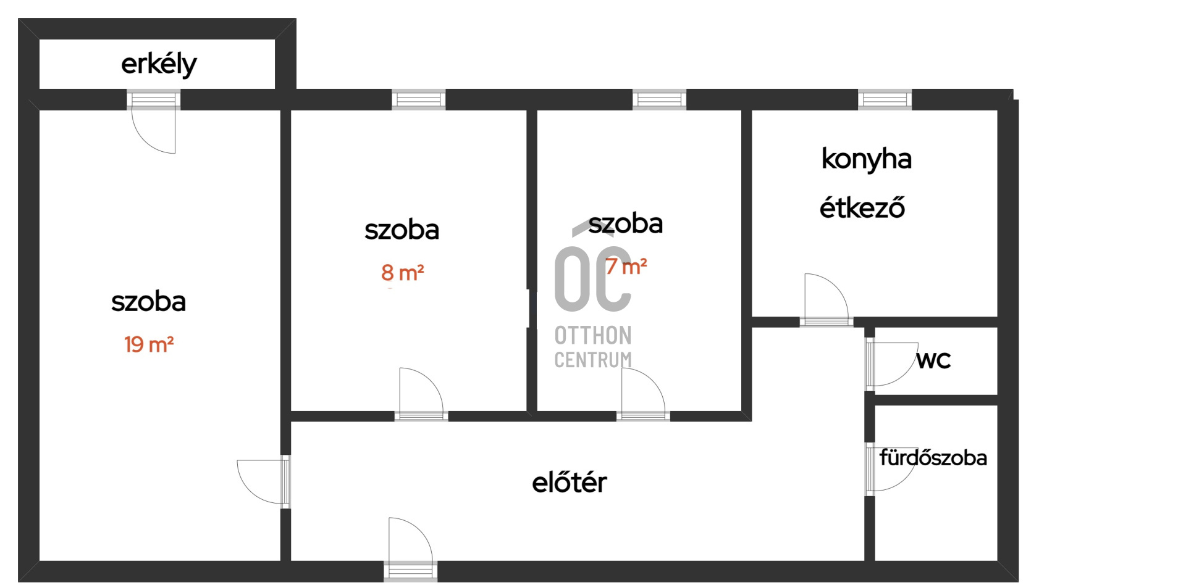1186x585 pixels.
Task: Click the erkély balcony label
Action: coord(159,64)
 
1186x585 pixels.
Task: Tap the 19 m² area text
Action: coord(149,344)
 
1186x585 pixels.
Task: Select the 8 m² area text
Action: coord(402,272)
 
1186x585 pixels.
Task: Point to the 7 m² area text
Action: coord(626,267)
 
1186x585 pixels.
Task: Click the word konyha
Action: coord(866,159)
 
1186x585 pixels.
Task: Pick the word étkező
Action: coord(862,208)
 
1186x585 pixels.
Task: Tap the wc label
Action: coord(933,360)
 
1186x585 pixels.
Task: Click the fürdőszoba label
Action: coord(933,458)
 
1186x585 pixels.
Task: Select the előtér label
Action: coord(569,482)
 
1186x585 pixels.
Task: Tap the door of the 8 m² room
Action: coord(421,393)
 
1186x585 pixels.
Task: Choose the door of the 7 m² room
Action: coord(643,393)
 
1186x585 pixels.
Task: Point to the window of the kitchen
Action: coord(885,99)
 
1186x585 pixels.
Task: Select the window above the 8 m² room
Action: coord(419,99)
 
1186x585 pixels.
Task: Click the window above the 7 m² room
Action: coord(659,99)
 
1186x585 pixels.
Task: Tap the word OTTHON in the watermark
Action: coord(593,336)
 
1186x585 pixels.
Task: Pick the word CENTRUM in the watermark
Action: coord(593,360)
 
